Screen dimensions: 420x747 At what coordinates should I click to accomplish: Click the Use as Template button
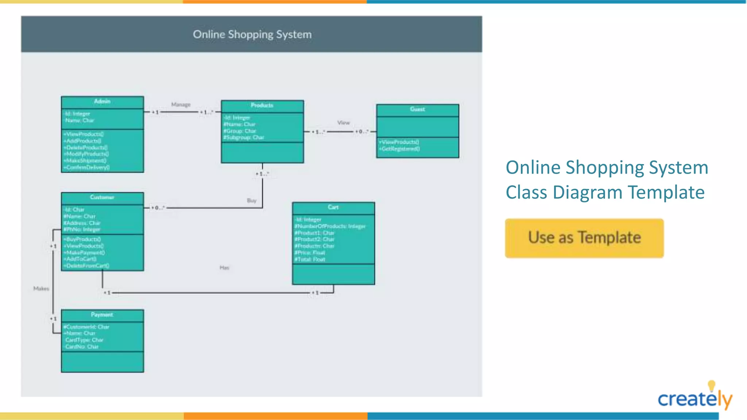tap(584, 238)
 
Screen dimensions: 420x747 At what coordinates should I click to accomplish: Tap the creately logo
tap(694, 398)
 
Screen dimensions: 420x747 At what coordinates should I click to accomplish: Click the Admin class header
tap(102, 101)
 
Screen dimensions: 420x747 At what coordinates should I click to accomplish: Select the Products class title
tap(262, 105)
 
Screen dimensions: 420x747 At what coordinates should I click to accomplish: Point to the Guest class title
tap(417, 109)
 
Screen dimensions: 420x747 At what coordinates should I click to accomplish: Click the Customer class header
tap(102, 197)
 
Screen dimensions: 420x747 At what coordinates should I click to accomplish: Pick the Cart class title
tap(333, 207)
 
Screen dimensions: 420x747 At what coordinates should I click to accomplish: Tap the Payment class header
tap(102, 315)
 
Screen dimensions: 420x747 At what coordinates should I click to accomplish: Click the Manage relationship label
tap(181, 105)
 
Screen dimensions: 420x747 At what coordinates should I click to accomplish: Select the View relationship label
tap(343, 123)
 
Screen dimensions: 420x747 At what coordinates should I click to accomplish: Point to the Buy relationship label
tap(252, 201)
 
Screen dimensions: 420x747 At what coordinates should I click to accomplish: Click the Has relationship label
tap(224, 268)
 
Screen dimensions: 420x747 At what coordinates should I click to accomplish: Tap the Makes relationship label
tap(41, 289)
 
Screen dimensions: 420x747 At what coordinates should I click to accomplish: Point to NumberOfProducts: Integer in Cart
tap(330, 226)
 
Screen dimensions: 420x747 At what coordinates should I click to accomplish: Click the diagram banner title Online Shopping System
tap(252, 35)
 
